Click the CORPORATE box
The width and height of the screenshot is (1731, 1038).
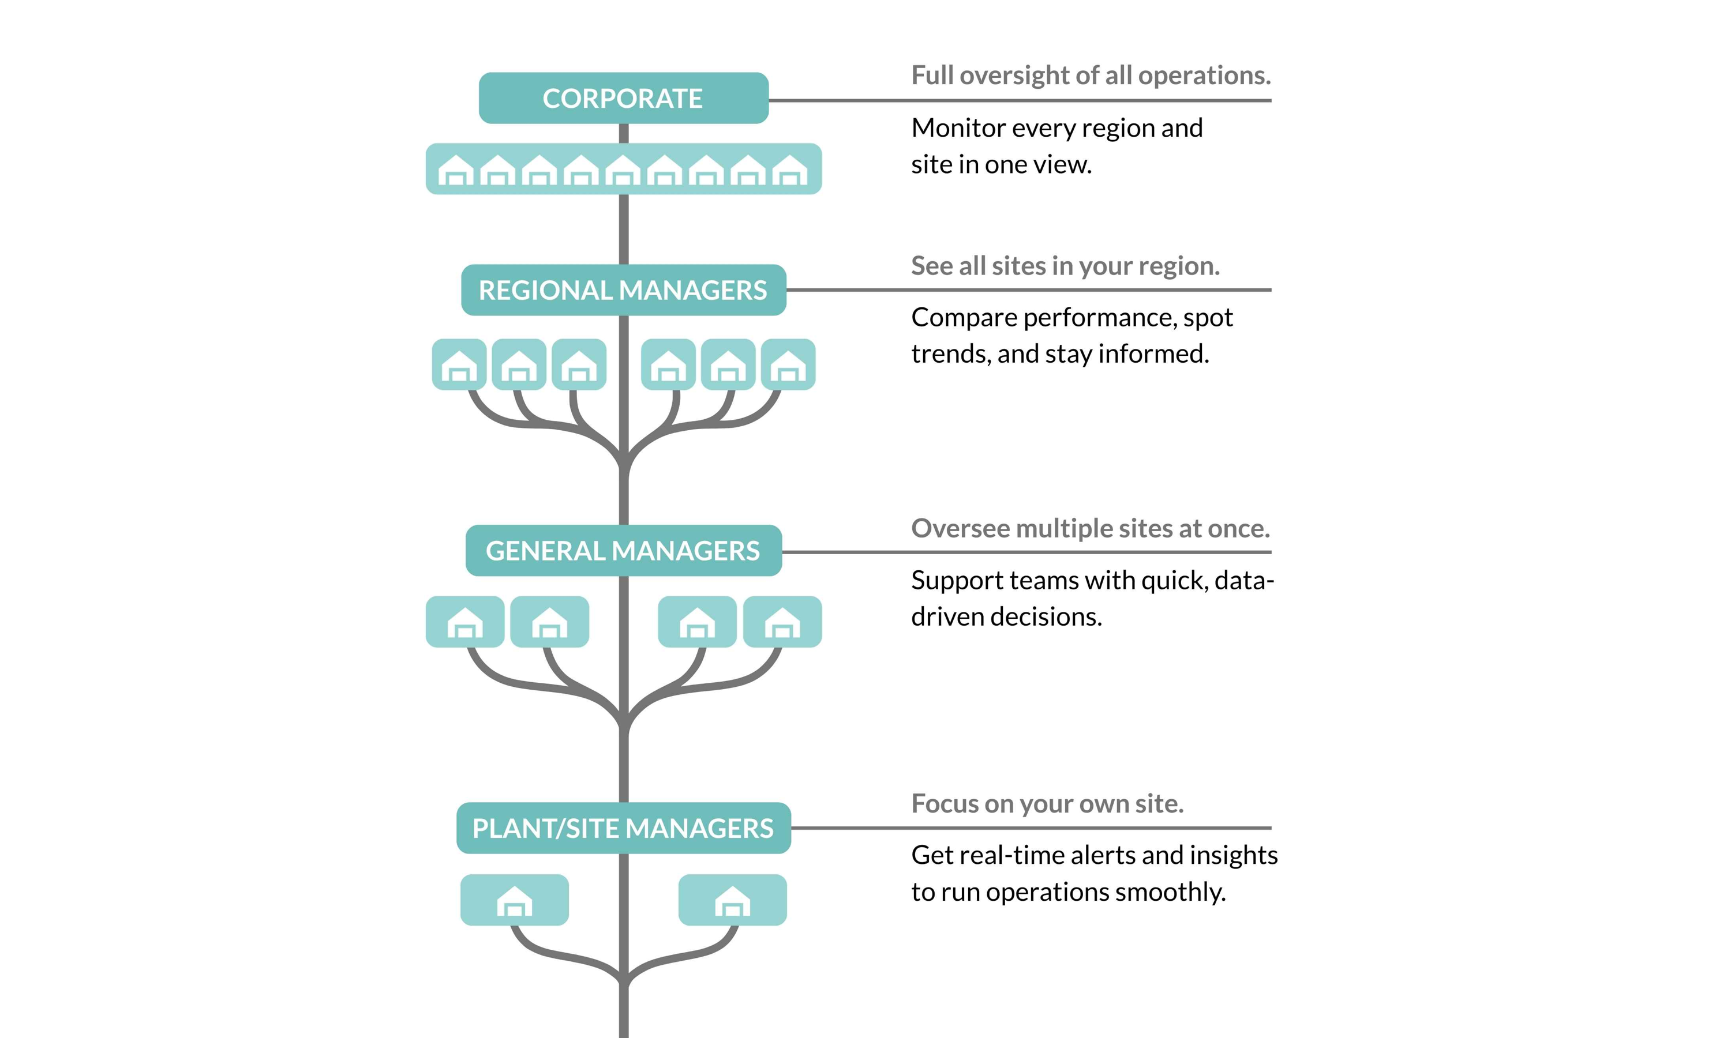point(623,98)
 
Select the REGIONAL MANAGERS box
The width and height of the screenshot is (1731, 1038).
point(623,289)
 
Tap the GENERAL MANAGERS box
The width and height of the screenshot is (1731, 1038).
point(623,551)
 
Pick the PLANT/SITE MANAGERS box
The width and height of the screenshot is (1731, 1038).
point(623,828)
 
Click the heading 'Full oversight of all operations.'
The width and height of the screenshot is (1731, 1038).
point(1090,76)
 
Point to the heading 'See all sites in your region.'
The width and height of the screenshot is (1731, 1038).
point(1065,266)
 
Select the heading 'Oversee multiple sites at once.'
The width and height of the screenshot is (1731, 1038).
point(1090,528)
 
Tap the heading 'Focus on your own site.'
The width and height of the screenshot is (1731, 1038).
point(1047,804)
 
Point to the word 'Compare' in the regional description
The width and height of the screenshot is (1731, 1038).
point(964,318)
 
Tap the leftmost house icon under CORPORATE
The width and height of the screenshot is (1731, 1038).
point(455,170)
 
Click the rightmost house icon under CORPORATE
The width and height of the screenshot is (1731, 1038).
point(790,170)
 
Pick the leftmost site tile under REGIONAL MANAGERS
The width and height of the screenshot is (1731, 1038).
point(459,364)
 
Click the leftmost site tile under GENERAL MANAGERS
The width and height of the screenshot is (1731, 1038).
point(464,622)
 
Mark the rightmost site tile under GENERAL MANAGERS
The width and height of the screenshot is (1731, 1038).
point(782,622)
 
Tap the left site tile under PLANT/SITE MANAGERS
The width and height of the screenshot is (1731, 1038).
point(514,900)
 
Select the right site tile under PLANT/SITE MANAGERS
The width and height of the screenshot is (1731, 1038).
point(733,900)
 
